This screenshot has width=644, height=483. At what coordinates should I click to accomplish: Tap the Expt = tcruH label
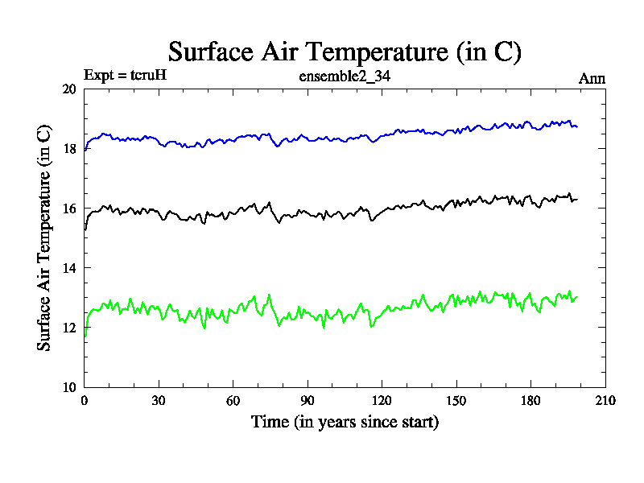(x=125, y=76)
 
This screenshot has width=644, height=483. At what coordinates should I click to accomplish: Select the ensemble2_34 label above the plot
(x=345, y=77)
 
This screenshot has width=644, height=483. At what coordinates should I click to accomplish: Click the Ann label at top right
(x=592, y=78)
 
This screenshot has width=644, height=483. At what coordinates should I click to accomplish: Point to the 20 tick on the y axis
(x=69, y=89)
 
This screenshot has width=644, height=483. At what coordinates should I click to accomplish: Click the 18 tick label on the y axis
(x=69, y=149)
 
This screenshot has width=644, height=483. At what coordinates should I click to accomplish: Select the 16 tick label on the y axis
(x=69, y=208)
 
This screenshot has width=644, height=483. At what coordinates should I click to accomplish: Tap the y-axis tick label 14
(x=69, y=268)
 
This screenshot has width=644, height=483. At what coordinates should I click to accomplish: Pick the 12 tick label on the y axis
(x=69, y=328)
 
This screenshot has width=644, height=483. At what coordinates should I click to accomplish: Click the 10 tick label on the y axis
(x=69, y=387)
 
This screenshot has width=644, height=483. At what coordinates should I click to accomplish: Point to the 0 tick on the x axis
(x=85, y=400)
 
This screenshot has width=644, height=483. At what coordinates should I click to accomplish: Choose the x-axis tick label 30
(x=159, y=400)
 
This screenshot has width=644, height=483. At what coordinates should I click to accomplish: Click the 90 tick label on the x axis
(x=308, y=400)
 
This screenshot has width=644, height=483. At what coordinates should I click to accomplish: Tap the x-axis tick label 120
(x=382, y=400)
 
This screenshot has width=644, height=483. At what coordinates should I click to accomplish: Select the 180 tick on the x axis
(x=530, y=400)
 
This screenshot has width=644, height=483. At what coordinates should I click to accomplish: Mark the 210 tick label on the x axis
(x=605, y=400)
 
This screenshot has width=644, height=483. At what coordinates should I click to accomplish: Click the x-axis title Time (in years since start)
(x=345, y=422)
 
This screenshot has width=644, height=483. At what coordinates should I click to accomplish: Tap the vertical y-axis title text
(x=45, y=237)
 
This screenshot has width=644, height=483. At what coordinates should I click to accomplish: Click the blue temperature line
(x=322, y=138)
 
